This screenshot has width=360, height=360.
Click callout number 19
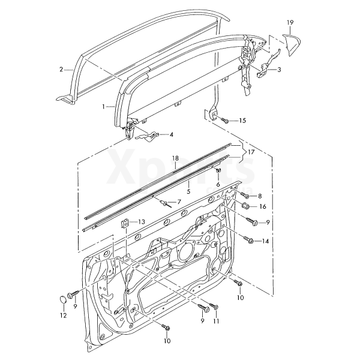click(290, 23)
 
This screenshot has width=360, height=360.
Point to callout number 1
click(104, 106)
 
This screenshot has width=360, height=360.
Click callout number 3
click(279, 70)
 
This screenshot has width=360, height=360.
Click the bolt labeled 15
click(225, 121)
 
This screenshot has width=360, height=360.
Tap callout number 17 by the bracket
click(251, 152)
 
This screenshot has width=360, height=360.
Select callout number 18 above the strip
click(175, 158)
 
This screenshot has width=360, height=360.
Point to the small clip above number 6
click(218, 171)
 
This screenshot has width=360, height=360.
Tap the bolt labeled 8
click(244, 195)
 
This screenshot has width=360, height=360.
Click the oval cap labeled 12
click(63, 299)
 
